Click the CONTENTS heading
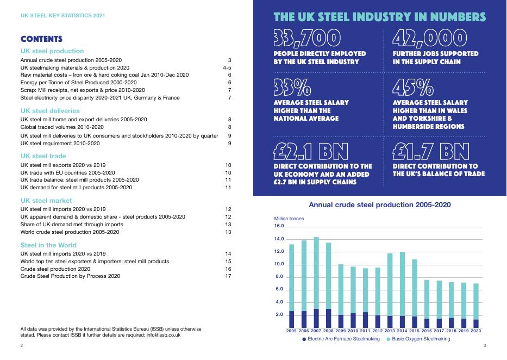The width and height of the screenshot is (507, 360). coord(41,39)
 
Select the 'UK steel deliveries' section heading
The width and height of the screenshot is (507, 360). coord(49,110)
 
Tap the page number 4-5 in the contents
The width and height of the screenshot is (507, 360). coord(227,67)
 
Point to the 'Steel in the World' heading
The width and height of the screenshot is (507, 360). coord(48,245)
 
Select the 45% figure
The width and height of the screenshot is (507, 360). coord(413,87)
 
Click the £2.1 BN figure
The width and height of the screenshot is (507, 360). coord(311,151)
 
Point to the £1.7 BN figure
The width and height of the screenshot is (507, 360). coord(431,151)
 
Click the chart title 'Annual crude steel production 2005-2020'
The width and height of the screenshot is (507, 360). coord(379,205)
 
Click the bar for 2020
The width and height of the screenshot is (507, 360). coord(476,305)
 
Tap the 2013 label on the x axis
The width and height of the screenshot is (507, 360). coord(390,331)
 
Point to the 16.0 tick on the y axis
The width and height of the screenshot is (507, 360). coord(279,226)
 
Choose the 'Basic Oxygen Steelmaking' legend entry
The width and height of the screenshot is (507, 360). coord(421,339)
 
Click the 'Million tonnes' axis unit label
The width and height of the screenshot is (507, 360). coord(289,219)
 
